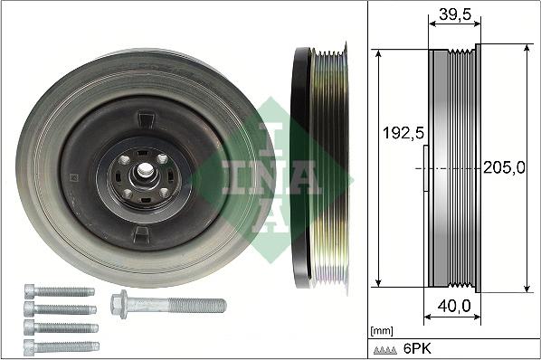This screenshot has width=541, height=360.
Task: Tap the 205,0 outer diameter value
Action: coord(504,167)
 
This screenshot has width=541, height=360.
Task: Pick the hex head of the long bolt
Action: coord(119,303)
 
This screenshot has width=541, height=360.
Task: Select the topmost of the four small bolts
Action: coord(59,291)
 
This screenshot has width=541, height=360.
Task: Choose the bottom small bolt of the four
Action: coord(61,346)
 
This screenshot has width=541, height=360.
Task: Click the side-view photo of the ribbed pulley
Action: coord(321,167)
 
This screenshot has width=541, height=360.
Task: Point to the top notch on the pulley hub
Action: coord(143,118)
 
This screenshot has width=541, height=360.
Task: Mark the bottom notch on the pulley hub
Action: coord(142,233)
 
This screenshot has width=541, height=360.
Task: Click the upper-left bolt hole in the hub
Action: coord(124,160)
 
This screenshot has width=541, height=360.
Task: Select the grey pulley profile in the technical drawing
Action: coord(452,167)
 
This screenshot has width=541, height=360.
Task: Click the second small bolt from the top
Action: coord(61,309)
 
